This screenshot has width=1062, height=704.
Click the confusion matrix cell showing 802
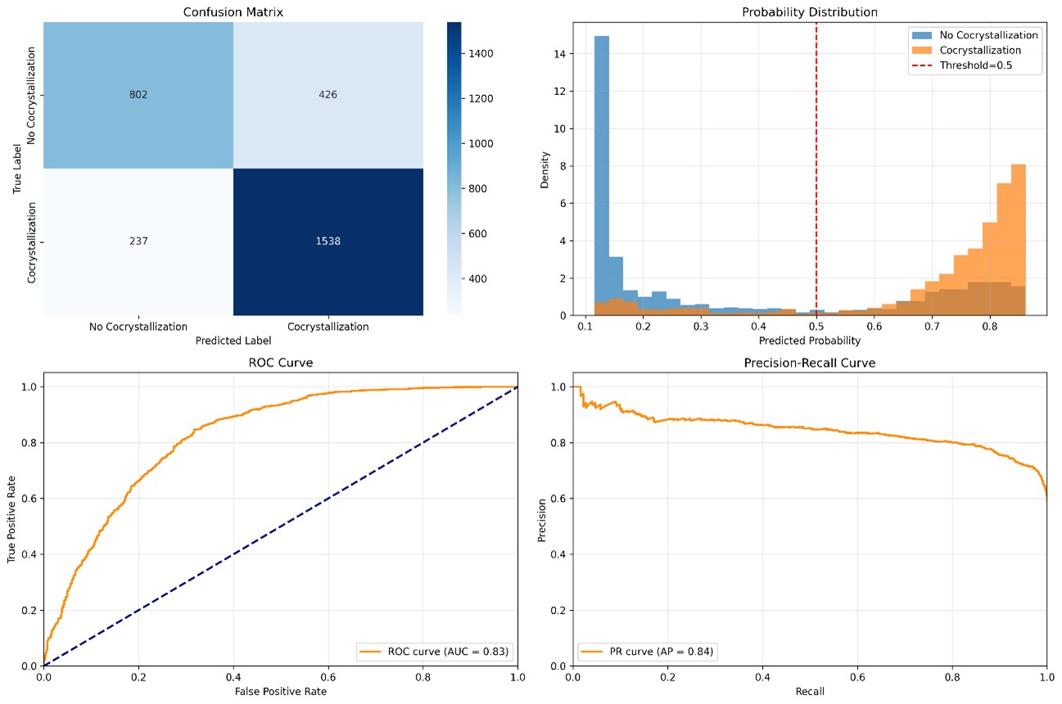click(138, 95)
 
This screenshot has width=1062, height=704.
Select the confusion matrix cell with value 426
click(328, 95)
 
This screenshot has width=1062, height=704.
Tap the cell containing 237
click(138, 241)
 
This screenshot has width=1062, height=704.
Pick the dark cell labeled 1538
click(328, 241)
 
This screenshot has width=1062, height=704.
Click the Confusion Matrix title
click(233, 11)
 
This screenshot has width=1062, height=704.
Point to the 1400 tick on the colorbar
click(481, 53)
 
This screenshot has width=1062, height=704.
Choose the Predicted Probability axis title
click(810, 340)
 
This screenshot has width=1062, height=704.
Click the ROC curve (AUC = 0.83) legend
click(433, 652)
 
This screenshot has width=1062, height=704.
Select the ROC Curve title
click(280, 363)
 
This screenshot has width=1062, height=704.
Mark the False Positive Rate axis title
click(280, 692)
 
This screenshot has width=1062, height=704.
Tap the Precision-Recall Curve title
click(810, 363)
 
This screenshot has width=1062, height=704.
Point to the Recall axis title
click(810, 692)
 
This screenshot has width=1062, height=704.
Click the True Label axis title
click(17, 169)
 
